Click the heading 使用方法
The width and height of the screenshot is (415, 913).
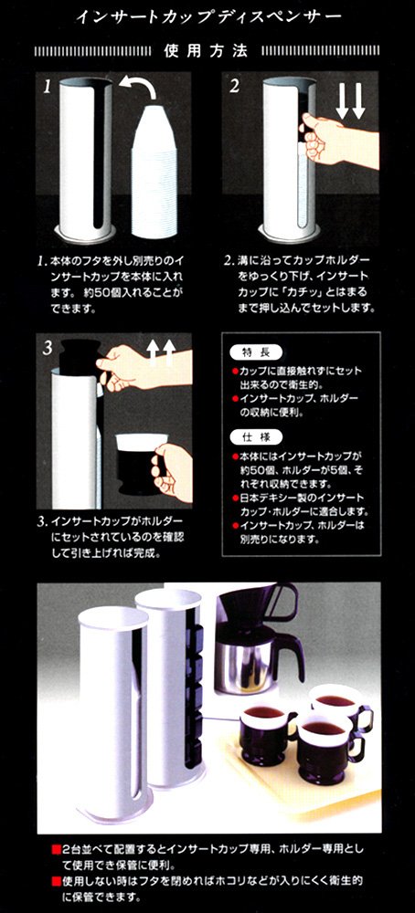pyautogui.click(x=206, y=51)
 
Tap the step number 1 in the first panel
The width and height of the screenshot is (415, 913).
pyautogui.click(x=48, y=88)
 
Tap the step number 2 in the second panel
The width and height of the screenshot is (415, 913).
pyautogui.click(x=234, y=86)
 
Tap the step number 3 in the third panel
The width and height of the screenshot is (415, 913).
pyautogui.click(x=48, y=348)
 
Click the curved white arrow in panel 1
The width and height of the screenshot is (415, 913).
pyautogui.click(x=139, y=88)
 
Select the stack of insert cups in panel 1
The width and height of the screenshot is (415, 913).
pyautogui.click(x=154, y=172)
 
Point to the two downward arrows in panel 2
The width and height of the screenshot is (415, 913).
pyautogui.click(x=351, y=100)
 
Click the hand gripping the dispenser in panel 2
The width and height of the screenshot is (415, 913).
pyautogui.click(x=337, y=140)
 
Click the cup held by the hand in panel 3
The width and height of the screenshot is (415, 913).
pyautogui.click(x=139, y=463)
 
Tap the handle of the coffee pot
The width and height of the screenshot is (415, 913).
pyautogui.click(x=292, y=658)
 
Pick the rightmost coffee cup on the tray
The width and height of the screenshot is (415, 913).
pyautogui.click(x=342, y=707)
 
